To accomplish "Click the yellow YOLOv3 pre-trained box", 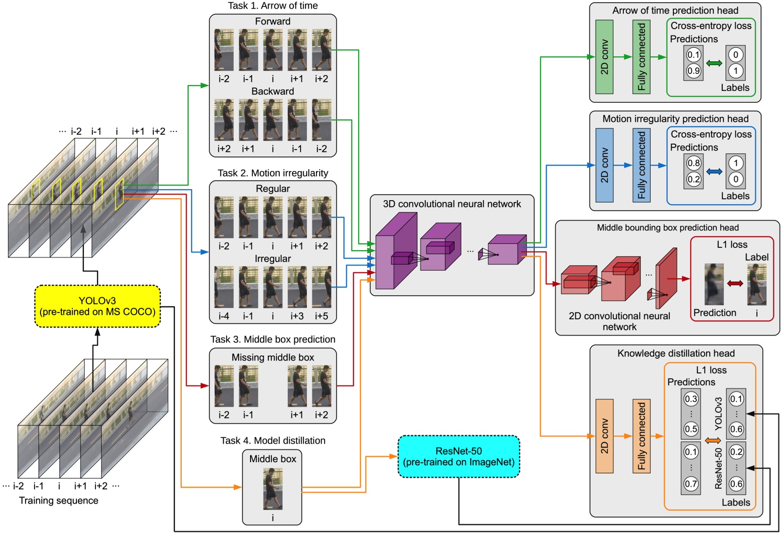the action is pyautogui.click(x=97, y=306).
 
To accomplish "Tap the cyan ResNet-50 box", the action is pyautogui.click(x=458, y=456).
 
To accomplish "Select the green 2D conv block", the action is pyautogui.click(x=604, y=57).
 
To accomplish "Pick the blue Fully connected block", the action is pyautogui.click(x=641, y=165).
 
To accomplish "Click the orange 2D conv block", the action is pyautogui.click(x=604, y=436).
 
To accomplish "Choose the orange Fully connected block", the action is pyautogui.click(x=641, y=436).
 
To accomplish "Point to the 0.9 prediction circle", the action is pyautogui.click(x=694, y=71).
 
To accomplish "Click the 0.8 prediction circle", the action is pyautogui.click(x=694, y=163).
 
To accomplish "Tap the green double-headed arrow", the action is pyautogui.click(x=714, y=63).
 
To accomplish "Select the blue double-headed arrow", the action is pyautogui.click(x=714, y=171).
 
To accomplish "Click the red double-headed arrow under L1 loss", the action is pyautogui.click(x=735, y=283).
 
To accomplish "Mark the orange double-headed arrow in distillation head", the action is pyautogui.click(x=713, y=441).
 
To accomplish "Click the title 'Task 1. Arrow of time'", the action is pyautogui.click(x=273, y=6).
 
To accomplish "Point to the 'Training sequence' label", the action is pyautogui.click(x=59, y=501).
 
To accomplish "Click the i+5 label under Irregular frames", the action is pyautogui.click(x=322, y=316).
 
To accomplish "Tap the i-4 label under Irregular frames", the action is pyautogui.click(x=224, y=316).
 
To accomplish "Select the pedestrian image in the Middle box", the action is pyautogui.click(x=273, y=489).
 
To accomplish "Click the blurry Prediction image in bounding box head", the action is pyautogui.click(x=714, y=284).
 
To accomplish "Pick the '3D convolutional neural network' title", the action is pyautogui.click(x=452, y=204).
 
